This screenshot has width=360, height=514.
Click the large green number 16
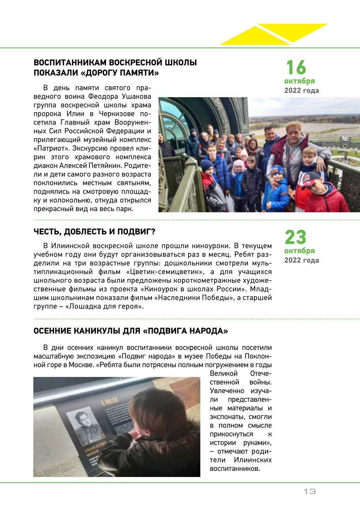pyautogui.click(x=296, y=68)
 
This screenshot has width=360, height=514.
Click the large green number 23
pyautogui.click(x=295, y=237)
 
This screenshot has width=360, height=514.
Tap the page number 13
pyautogui.click(x=310, y=492)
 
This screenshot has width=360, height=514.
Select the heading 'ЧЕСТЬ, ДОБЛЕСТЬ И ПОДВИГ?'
pyautogui.click(x=94, y=232)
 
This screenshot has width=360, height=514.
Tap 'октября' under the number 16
pyautogui.click(x=299, y=81)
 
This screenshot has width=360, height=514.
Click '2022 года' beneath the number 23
pyautogui.click(x=301, y=260)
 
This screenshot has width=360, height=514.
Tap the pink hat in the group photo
pyautogui.click(x=239, y=165)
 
